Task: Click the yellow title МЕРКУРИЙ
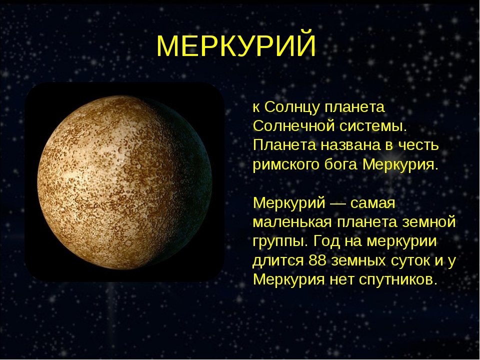[236, 45]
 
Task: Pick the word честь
[417, 145]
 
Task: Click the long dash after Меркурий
[337, 203]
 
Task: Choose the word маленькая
[292, 222]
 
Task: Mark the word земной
[429, 221]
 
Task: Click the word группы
[280, 242]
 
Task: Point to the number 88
[317, 260]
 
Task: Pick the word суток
[409, 261]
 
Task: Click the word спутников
[396, 280]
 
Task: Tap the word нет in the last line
[341, 280]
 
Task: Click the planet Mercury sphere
[124, 182]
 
